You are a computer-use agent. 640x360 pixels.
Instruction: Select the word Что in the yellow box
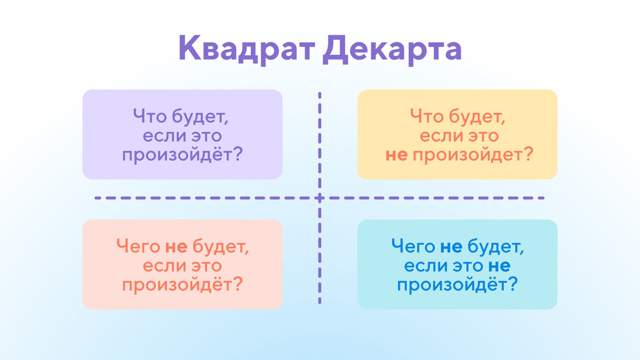point(425,116)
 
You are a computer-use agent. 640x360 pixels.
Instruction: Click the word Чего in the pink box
point(138,246)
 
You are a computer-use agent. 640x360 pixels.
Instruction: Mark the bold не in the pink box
point(175,246)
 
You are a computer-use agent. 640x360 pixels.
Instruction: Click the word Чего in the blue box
point(413,246)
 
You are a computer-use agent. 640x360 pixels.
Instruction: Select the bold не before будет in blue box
point(451,246)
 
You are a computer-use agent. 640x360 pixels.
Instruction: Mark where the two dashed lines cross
point(320,198)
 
